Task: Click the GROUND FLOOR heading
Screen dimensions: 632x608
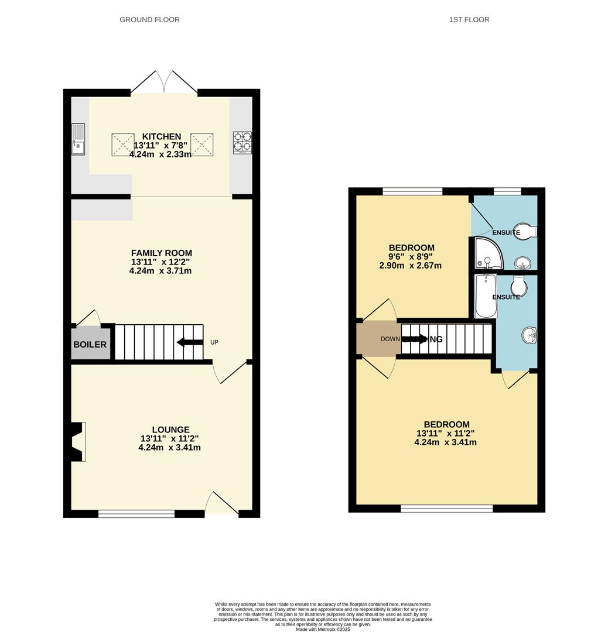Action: click(149, 20)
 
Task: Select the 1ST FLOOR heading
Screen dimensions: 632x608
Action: click(469, 20)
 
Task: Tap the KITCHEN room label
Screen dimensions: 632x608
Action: click(162, 136)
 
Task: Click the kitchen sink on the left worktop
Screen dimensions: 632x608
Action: click(78, 139)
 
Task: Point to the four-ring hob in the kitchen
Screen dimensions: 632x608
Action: click(242, 142)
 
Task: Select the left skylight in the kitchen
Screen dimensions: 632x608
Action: click(123, 145)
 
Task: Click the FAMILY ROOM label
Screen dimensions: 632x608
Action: click(161, 253)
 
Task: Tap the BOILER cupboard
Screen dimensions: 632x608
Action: click(90, 345)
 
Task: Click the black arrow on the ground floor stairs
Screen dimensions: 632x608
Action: click(189, 342)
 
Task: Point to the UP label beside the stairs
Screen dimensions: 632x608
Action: click(214, 342)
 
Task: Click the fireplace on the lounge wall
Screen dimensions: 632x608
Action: click(77, 442)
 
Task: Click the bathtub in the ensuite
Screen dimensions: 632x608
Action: click(486, 296)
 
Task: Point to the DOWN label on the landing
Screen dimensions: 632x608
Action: click(390, 339)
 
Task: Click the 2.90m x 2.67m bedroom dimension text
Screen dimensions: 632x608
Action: click(410, 266)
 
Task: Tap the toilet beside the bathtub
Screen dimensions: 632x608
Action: click(518, 286)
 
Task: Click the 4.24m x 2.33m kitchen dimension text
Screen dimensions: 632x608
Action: click(161, 154)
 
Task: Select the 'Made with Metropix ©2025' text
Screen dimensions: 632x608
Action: click(323, 629)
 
